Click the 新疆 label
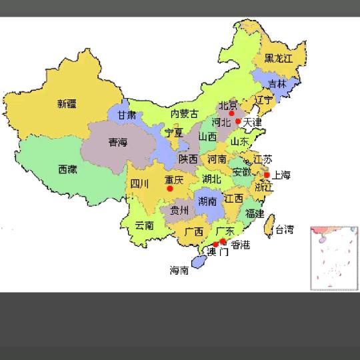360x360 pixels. click(x=67, y=103)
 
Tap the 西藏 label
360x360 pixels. click(x=67, y=169)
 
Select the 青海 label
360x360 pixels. click(x=118, y=142)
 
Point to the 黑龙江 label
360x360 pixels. click(x=278, y=59)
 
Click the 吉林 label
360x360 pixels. click(x=277, y=84)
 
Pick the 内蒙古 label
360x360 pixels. click(x=184, y=114)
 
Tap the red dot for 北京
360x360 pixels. click(x=231, y=113)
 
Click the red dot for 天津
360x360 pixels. click(x=239, y=121)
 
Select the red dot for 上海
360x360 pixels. click(x=267, y=175)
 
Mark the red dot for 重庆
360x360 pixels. click(x=170, y=189)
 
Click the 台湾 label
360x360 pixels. click(x=284, y=230)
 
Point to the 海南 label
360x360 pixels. click(x=179, y=271)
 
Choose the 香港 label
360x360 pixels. click(x=241, y=245)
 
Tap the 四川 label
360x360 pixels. click(x=139, y=183)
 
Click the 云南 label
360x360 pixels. click(x=144, y=225)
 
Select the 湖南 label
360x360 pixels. click(x=207, y=201)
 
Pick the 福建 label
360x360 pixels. click(x=255, y=213)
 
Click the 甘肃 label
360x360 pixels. click(x=127, y=115)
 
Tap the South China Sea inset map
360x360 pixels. click(x=335, y=257)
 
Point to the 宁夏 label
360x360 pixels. click(x=174, y=133)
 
